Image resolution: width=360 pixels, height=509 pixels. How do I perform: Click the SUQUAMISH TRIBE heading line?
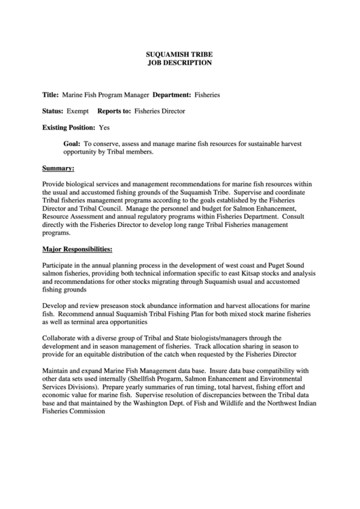(x=180, y=52)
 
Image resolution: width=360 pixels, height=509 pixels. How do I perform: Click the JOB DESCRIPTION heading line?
(x=180, y=62)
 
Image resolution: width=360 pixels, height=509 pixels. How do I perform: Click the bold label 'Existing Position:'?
(x=69, y=127)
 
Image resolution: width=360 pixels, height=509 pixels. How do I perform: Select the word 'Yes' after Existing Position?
(x=104, y=127)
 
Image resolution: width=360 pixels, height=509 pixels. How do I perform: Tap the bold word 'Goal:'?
(x=72, y=144)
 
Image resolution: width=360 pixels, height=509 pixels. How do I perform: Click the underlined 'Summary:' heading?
(x=58, y=167)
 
